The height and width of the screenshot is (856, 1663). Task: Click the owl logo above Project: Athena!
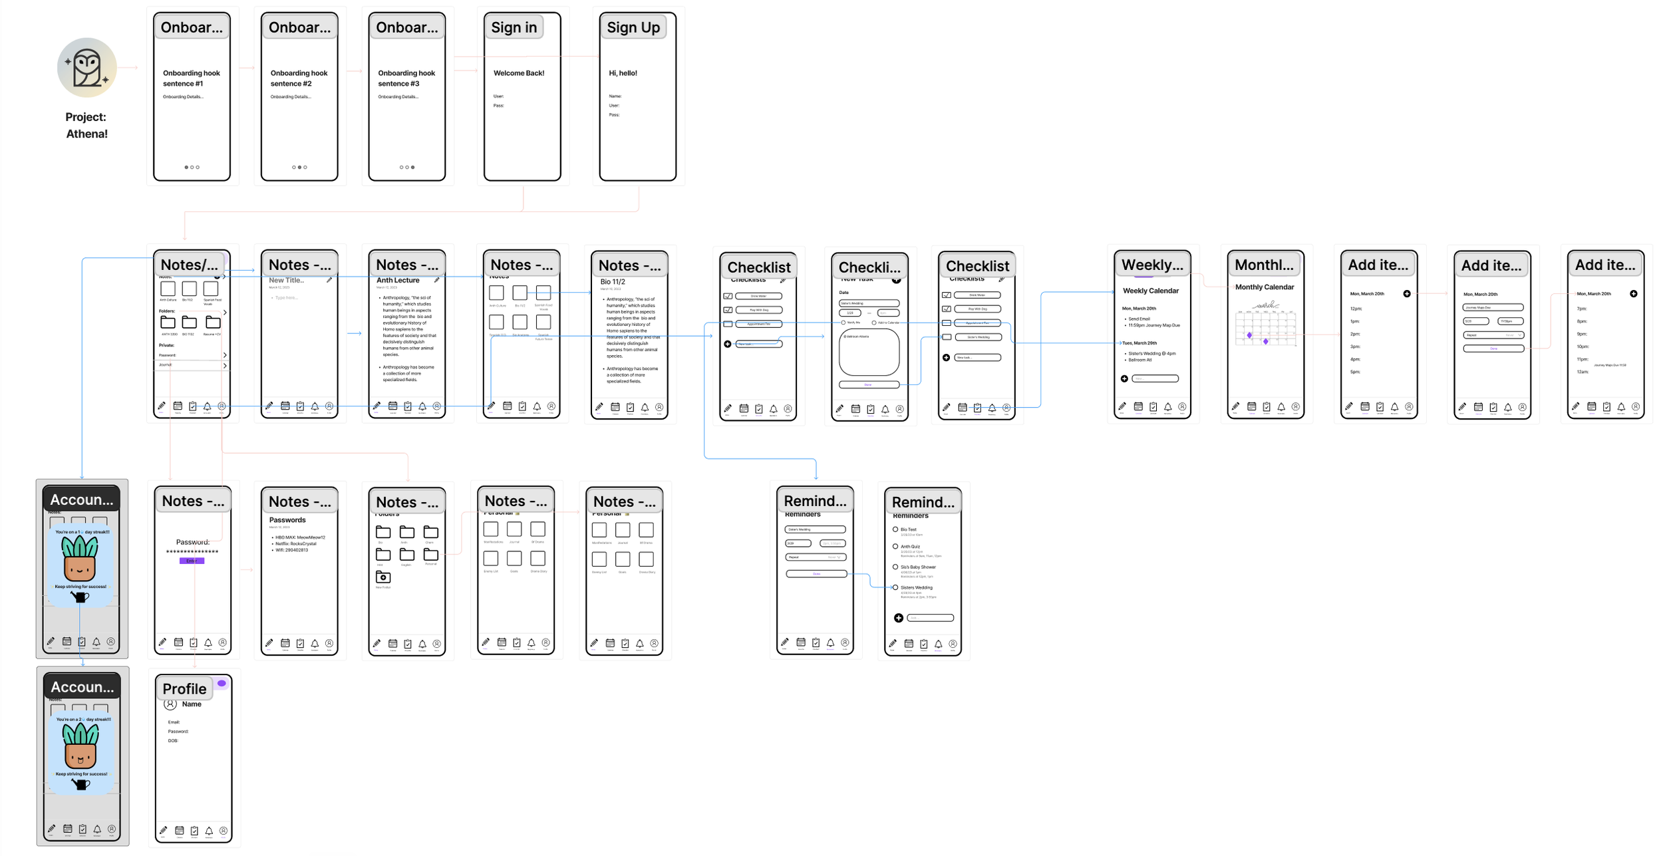[x=87, y=67]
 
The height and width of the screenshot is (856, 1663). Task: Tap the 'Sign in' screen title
[x=514, y=27]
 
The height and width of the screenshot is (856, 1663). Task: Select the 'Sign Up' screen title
[x=633, y=27]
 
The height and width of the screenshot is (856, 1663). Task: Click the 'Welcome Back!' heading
[x=518, y=73]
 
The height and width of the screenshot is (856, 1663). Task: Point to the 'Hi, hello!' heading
[x=623, y=73]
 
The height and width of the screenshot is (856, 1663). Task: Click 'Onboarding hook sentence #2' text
[x=299, y=78]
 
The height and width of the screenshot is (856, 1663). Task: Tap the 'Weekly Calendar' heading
[x=1150, y=291]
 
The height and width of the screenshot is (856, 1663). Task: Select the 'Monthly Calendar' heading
[x=1264, y=287]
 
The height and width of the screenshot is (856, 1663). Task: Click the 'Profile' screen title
[x=184, y=688]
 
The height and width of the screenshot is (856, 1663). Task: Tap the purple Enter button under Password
[x=192, y=561]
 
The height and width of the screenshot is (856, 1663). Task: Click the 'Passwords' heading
[x=287, y=520]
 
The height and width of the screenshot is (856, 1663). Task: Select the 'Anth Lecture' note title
[x=398, y=281]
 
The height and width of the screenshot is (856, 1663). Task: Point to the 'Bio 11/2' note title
[x=613, y=282]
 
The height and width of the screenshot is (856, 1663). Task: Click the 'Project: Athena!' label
[x=86, y=125]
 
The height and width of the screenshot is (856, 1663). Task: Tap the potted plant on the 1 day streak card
[x=80, y=559]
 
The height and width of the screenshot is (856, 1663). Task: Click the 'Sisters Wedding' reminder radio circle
[x=895, y=588]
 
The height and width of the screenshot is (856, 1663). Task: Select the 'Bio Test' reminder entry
[x=908, y=529]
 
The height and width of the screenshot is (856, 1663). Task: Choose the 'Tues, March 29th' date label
[x=1139, y=343]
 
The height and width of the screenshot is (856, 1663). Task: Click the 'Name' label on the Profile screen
[x=192, y=704]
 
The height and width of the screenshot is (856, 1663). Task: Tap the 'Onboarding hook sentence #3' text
[x=406, y=78]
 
